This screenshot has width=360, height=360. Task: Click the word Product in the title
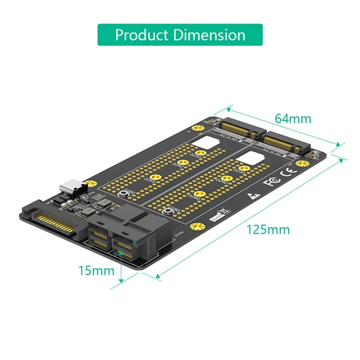click(x=141, y=35)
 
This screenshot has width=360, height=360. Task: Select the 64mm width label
click(x=293, y=119)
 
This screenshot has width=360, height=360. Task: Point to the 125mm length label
click(x=268, y=229)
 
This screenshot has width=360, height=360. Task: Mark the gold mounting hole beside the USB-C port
click(x=92, y=184)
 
